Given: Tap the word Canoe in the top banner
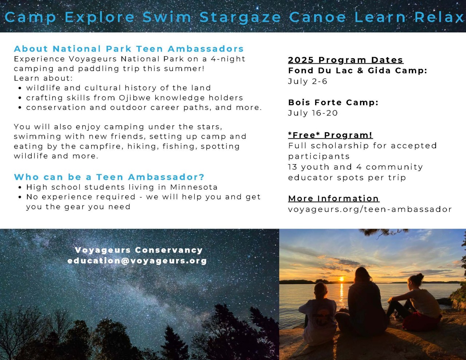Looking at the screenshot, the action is coord(317,17).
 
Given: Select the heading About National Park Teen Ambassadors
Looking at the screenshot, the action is coord(129,49).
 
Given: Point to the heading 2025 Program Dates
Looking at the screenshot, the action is coord(346,60).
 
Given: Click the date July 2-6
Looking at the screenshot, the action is coord(308,82).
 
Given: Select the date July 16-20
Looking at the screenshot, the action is coord(313,113).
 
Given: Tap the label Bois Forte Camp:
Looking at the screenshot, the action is coord(333,103).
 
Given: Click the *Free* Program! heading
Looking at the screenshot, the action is coord(330,135).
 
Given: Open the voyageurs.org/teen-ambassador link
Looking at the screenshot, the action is coord(370,209).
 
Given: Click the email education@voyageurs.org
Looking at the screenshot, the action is coord(137,261).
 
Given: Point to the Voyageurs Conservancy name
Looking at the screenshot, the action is coord(139,250).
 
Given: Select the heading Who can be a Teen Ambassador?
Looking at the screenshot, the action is coord(109,177).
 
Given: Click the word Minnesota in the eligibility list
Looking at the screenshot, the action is coord(194,187).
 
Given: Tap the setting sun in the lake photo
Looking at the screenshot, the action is coord(341,279).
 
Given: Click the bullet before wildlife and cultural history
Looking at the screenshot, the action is coord(20,88).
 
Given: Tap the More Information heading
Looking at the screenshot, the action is coord(334,198).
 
